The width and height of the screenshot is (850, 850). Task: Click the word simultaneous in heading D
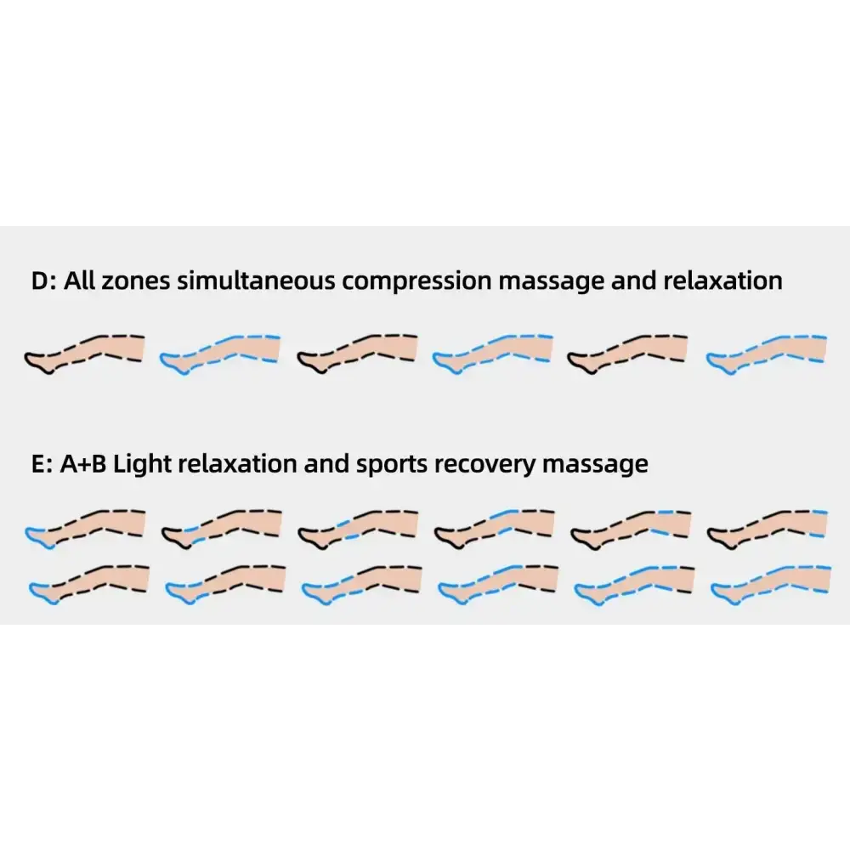click(x=256, y=281)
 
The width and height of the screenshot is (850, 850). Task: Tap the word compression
click(x=416, y=281)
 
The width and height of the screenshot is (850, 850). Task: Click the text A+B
click(x=83, y=464)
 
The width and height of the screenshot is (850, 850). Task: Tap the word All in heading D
click(x=79, y=281)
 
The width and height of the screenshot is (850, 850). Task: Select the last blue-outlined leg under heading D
click(x=768, y=352)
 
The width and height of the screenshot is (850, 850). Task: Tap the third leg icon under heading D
click(x=357, y=352)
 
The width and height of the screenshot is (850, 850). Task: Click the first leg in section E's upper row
click(x=85, y=528)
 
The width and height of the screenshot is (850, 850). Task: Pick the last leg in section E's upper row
click(x=768, y=528)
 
